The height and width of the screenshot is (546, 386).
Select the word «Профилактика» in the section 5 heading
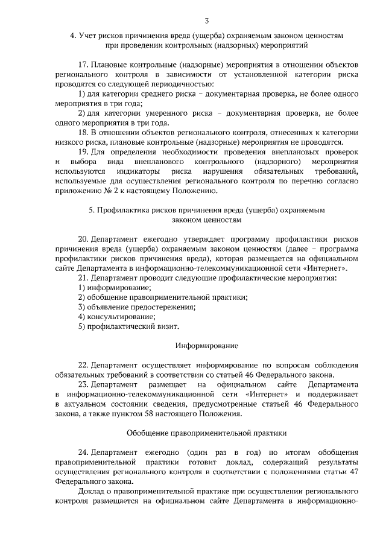[x=120, y=211]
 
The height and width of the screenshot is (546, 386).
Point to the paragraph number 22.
[x=84, y=365]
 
